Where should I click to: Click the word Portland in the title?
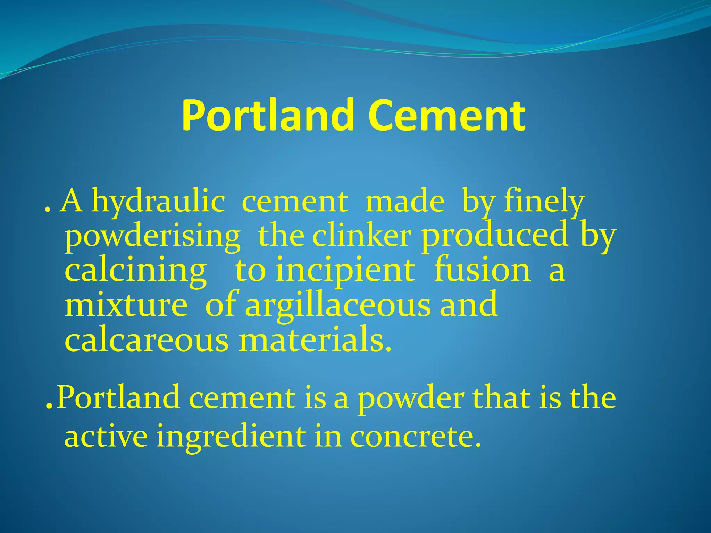click(267, 115)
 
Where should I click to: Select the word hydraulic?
click(158, 202)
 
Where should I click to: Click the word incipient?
click(345, 270)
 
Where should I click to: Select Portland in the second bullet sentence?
click(118, 398)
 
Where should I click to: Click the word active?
click(106, 436)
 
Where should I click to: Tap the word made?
click(405, 202)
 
